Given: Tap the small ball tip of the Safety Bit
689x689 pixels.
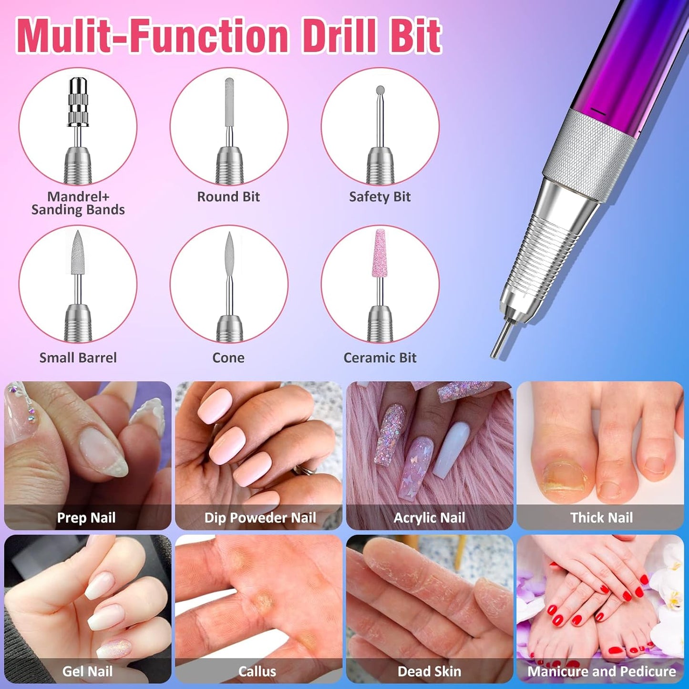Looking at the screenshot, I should (x=380, y=90).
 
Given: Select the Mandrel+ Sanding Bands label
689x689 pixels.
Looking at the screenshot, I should (x=78, y=203).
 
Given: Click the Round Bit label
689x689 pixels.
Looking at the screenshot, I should (x=228, y=196).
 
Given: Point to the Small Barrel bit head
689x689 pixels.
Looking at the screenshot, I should (x=78, y=253).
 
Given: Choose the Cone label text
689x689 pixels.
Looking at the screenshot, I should (x=228, y=358).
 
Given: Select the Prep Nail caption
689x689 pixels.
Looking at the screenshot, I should (x=86, y=518).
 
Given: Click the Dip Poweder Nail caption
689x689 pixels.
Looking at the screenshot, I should (x=260, y=518).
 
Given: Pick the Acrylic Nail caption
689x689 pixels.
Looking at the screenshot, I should (x=429, y=518).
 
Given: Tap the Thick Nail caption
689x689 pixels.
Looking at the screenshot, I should (x=601, y=518).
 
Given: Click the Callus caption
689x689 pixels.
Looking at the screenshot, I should (x=257, y=671).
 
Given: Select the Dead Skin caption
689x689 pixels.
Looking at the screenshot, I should (x=429, y=671).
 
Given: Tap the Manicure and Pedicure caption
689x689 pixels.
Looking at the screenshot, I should (x=601, y=671).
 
